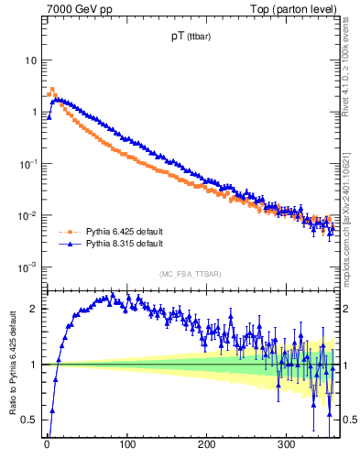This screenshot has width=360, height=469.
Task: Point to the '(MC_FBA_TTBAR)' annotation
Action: (x=190, y=273)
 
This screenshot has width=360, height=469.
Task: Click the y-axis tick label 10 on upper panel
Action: (x=30, y=60)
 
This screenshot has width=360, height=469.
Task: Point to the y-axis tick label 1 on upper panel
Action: (x=34, y=112)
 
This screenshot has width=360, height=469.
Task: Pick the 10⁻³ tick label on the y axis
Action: (x=28, y=267)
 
